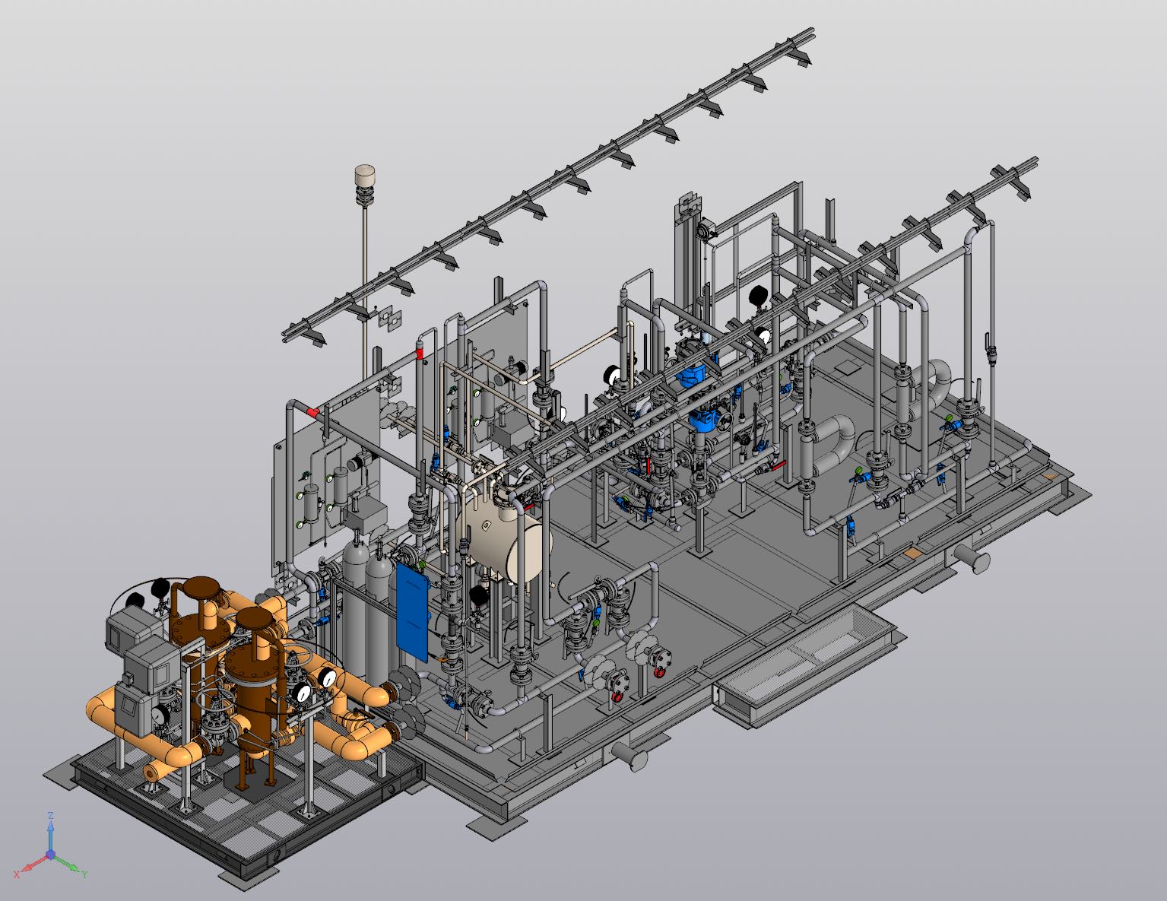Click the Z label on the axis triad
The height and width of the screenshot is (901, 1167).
click(50, 816)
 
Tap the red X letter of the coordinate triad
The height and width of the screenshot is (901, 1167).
click(17, 874)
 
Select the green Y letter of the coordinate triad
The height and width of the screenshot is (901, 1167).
click(84, 874)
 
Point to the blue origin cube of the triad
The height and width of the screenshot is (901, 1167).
click(50, 855)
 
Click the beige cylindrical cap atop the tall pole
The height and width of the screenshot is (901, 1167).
click(365, 176)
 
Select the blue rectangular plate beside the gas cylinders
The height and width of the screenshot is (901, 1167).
click(413, 611)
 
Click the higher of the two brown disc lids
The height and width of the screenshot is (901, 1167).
click(201, 588)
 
